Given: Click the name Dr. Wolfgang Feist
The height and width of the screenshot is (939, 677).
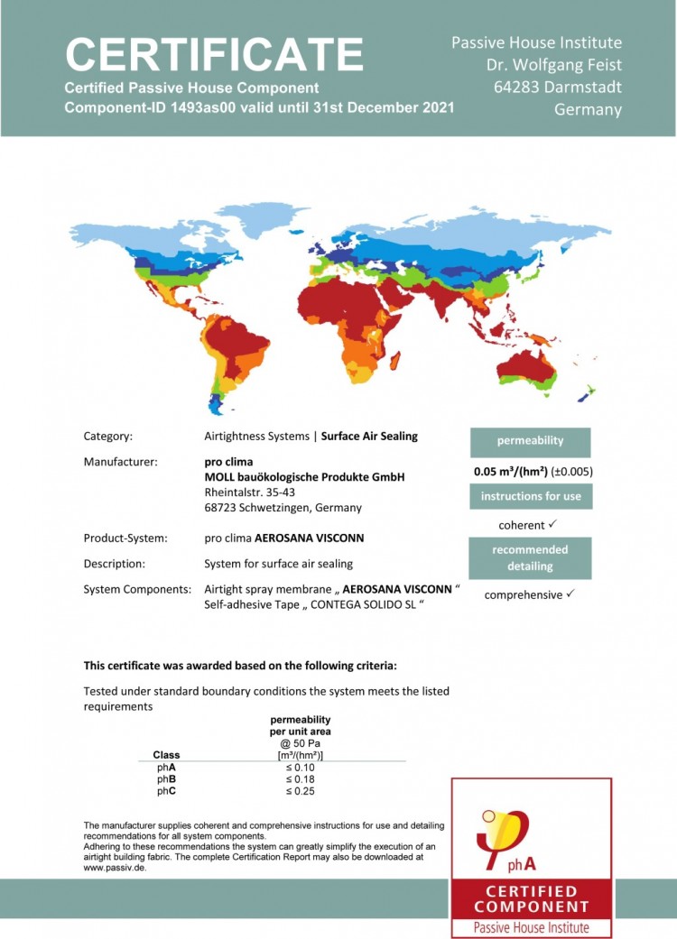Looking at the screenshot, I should (554, 65).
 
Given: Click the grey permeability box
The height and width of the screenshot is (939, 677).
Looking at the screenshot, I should (530, 442).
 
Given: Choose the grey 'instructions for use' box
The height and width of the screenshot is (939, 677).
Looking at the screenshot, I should (530, 496).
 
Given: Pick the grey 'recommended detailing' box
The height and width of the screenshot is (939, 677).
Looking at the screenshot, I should (530, 557).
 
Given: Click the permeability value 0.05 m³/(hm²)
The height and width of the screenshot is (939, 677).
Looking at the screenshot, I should (512, 471).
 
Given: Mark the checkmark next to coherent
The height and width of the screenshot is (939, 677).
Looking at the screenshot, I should (552, 524).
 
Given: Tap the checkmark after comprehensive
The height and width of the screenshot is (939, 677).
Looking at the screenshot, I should (570, 594).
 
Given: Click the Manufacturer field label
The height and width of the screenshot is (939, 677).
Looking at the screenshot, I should (120, 462).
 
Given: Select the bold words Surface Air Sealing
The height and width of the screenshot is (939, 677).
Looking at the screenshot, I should (369, 437).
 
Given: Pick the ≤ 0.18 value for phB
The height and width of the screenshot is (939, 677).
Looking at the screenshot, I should (300, 779).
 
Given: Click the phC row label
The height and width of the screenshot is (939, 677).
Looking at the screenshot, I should (166, 792).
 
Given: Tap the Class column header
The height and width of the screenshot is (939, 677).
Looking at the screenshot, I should (166, 755).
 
